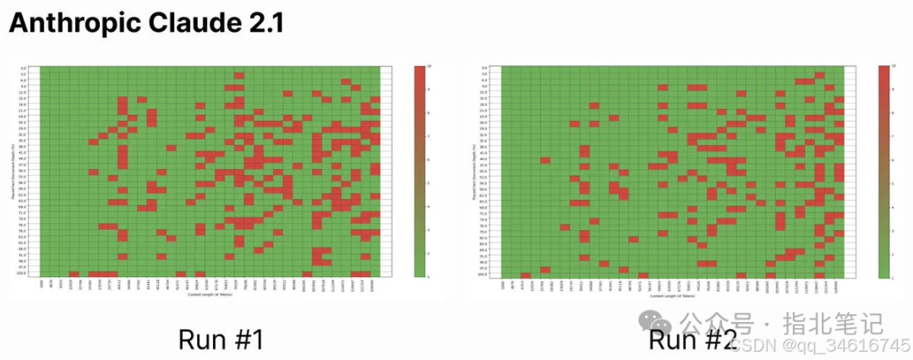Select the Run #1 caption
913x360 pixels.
pyautogui.click(x=221, y=339)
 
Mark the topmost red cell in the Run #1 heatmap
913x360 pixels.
pyautogui.click(x=239, y=75)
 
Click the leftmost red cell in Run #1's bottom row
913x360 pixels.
pyautogui.click(x=74, y=274)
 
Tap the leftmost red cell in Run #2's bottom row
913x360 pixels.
pyautogui.click(x=526, y=274)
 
